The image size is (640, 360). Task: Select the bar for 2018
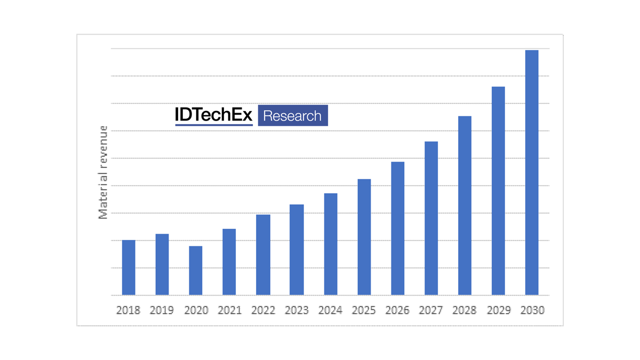pos(129,267)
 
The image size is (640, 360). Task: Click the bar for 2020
pos(196,270)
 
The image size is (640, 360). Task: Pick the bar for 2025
pos(364,237)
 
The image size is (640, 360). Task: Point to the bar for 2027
pos(431,218)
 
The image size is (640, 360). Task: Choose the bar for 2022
pos(263,254)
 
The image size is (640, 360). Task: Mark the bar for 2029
pos(498,190)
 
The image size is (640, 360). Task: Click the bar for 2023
pos(297,250)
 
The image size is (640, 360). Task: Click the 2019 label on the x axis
pos(162,310)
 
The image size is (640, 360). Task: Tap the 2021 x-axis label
pos(229,310)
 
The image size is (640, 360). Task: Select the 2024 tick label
pos(330,310)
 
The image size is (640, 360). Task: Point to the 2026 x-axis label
pos(397,310)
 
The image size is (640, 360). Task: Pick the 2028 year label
pos(465,310)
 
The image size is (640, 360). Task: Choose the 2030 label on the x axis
pos(532,310)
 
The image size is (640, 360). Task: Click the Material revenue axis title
pos(103,172)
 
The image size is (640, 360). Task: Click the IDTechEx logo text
pos(213,115)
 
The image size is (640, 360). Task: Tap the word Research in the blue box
pos(292,116)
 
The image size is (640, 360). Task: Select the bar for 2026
pos(397,228)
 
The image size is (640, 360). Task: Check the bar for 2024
pos(330,244)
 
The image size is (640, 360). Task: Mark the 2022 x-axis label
pos(263,310)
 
